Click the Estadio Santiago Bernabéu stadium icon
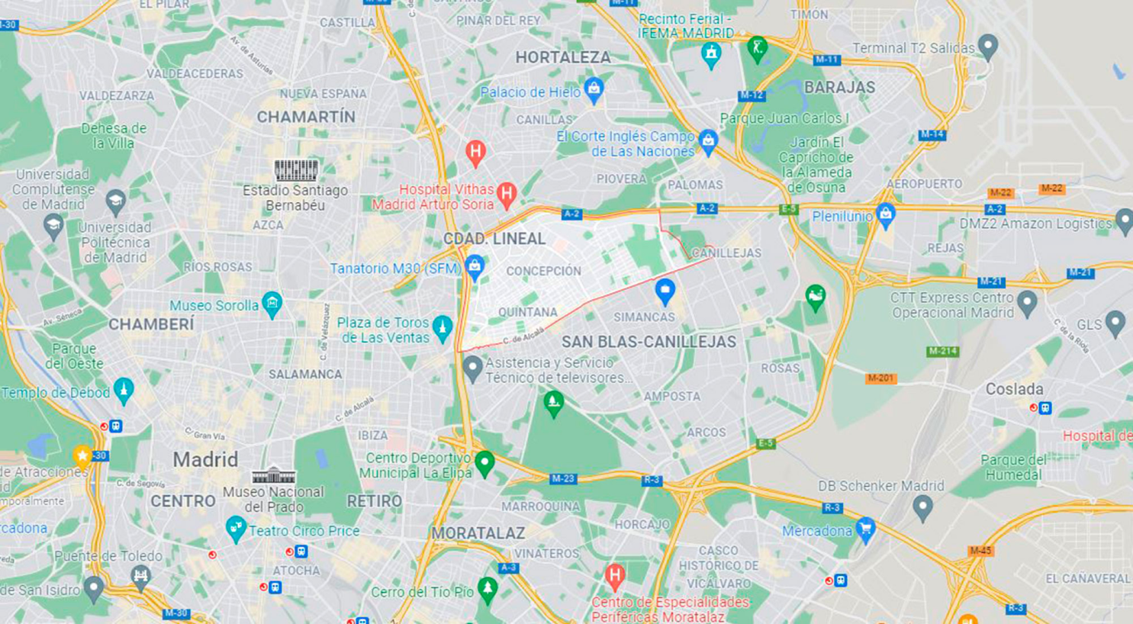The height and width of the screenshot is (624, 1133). [x=296, y=169]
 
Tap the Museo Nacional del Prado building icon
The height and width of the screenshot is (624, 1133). [x=273, y=475]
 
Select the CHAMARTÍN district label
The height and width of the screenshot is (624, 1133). [x=306, y=117]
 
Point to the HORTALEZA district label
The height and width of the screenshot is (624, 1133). [x=563, y=57]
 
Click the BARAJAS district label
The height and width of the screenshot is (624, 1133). [x=839, y=87]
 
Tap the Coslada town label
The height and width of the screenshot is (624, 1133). [x=1014, y=389]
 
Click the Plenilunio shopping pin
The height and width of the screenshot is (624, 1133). [x=885, y=214]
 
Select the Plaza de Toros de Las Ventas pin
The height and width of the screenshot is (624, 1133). [x=443, y=328]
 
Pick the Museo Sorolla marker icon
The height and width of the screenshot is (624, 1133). [x=272, y=304]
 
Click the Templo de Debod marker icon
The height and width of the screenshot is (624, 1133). [x=124, y=390]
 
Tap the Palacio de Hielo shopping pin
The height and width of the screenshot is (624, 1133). [x=594, y=89]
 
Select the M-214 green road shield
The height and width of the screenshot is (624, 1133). [x=942, y=352]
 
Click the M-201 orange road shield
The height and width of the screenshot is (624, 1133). [x=881, y=378]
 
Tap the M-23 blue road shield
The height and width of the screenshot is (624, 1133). [x=562, y=479]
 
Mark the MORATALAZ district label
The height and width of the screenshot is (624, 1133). [x=478, y=532]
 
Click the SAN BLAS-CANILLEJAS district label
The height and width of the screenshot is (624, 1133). [x=649, y=342]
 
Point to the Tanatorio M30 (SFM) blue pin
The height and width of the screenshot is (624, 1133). [x=475, y=266]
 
